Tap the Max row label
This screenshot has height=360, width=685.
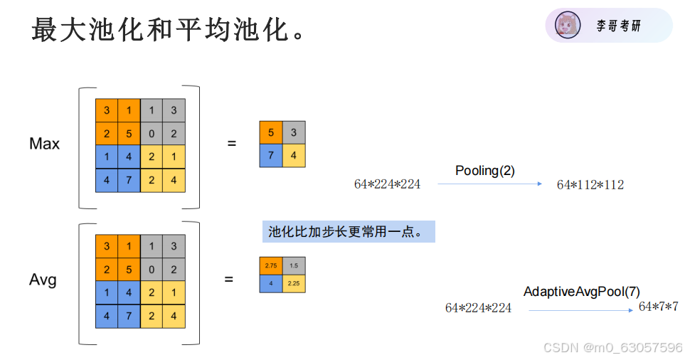pyautogui.click(x=44, y=144)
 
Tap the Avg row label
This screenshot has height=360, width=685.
pyautogui.click(x=43, y=280)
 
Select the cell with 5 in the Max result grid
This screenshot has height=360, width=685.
pyautogui.click(x=271, y=132)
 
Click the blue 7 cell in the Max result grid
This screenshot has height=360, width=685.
pyautogui.click(x=271, y=155)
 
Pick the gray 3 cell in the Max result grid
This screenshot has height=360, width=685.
pyautogui.click(x=294, y=132)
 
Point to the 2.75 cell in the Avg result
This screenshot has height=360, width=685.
pyautogui.click(x=270, y=265)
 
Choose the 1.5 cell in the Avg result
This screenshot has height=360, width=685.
pyautogui.click(x=293, y=265)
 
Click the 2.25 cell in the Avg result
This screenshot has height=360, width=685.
pyautogui.click(x=293, y=283)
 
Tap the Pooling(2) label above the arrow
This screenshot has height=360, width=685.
pyautogui.click(x=484, y=171)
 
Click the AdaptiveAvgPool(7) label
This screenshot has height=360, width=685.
pyautogui.click(x=582, y=292)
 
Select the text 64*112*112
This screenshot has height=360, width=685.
pyautogui.click(x=590, y=185)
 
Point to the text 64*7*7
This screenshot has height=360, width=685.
pyautogui.click(x=658, y=307)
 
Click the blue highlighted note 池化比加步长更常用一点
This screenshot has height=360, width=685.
pyautogui.click(x=348, y=231)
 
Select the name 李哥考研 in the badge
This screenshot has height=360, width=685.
pyautogui.click(x=618, y=26)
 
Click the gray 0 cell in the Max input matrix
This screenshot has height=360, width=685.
pyautogui.click(x=151, y=134)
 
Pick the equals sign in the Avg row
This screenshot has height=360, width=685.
pyautogui.click(x=228, y=280)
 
